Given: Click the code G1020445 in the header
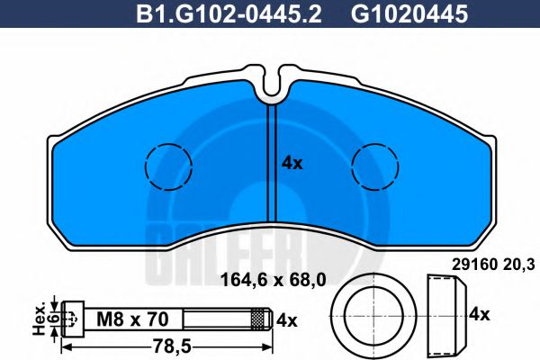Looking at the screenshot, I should (x=397, y=14).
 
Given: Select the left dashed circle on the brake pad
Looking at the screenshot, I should (x=167, y=166).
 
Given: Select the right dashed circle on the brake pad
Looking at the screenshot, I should (x=375, y=166).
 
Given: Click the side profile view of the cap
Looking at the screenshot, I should (x=445, y=315).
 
